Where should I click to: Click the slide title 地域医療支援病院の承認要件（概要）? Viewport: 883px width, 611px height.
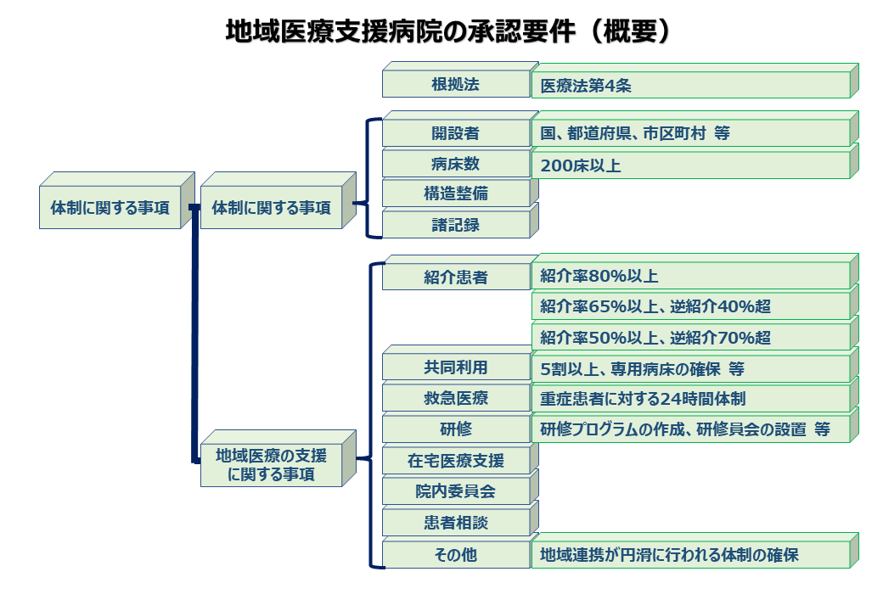tap(449, 31)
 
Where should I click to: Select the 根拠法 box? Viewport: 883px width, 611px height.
tap(456, 84)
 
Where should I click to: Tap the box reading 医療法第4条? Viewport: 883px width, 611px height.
tap(689, 85)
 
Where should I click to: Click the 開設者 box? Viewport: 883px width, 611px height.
tap(456, 133)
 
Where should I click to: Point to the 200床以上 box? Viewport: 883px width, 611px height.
tap(689, 165)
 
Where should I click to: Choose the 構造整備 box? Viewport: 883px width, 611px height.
tap(456, 193)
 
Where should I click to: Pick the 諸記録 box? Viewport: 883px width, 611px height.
tap(456, 224)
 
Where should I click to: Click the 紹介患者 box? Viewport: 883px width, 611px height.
tap(456, 277)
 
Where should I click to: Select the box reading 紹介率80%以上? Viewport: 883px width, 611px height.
tap(689, 276)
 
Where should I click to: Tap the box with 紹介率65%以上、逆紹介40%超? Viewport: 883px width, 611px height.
tap(689, 306)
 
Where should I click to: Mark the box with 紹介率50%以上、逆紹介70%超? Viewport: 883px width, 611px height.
tap(689, 337)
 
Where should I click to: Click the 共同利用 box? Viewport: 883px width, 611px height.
tap(456, 367)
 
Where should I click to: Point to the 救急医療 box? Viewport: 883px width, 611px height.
tap(456, 398)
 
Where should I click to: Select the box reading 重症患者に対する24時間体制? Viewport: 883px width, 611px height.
tap(689, 398)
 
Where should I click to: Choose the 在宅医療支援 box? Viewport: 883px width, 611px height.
tap(456, 460)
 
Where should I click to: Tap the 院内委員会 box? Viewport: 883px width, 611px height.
tap(456, 490)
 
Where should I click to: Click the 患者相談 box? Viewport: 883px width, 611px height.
tap(456, 523)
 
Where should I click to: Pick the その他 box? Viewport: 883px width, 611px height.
tap(456, 555)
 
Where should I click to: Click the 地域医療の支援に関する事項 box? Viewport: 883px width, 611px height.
tap(271, 465)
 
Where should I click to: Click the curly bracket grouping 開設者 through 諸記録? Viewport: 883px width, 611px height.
tap(368, 178)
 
